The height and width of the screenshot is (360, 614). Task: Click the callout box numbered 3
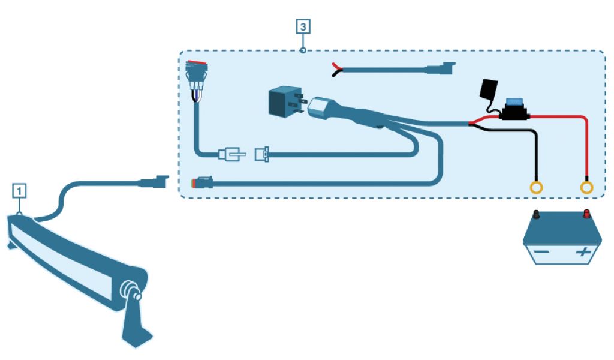click(x=303, y=26)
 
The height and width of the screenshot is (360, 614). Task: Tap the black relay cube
click(x=282, y=100)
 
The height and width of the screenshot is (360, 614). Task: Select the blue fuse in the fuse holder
click(x=513, y=103)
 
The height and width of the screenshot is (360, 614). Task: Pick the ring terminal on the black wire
click(x=537, y=187)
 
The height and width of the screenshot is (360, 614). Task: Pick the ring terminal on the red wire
click(x=587, y=187)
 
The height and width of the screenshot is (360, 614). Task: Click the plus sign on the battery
click(x=582, y=252)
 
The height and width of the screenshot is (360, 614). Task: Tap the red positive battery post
click(x=586, y=213)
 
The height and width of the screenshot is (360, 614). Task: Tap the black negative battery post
click(x=535, y=214)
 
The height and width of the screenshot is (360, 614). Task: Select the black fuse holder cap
click(x=487, y=90)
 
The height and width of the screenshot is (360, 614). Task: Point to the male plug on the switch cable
click(x=231, y=155)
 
